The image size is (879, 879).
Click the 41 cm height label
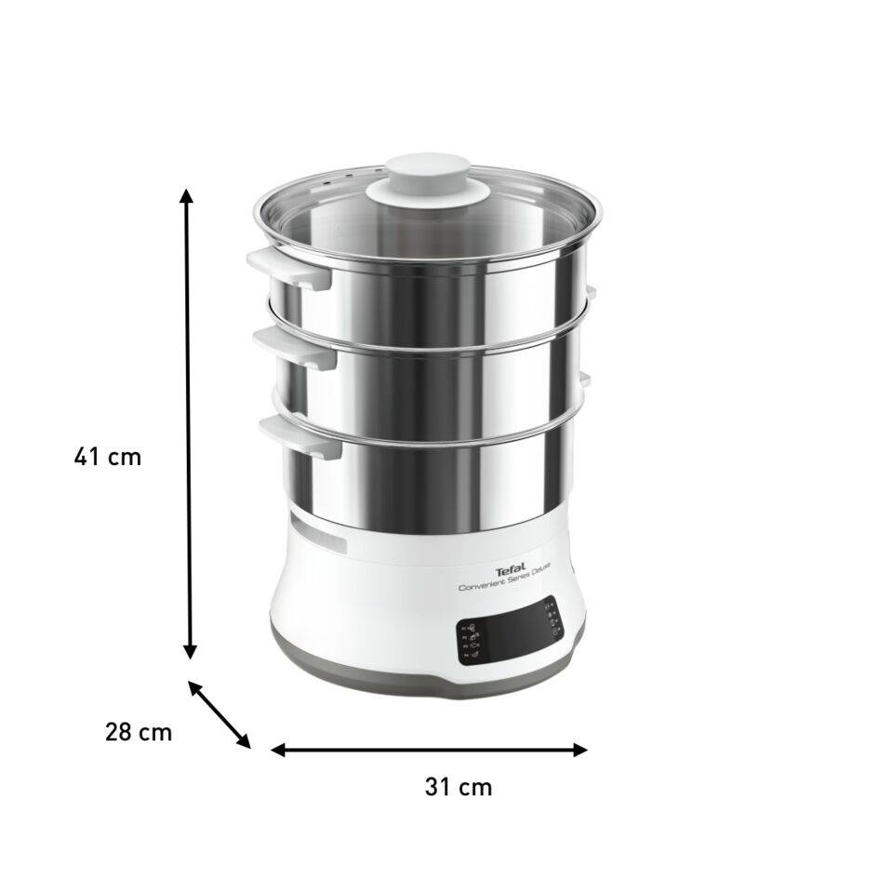(x=108, y=457)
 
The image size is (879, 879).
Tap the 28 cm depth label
(x=138, y=731)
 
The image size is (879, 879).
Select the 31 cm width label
(x=458, y=786)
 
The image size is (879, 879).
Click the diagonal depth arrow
(x=220, y=714)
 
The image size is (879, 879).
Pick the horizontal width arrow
(x=429, y=749)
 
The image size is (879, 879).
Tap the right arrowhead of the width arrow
(x=580, y=749)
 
